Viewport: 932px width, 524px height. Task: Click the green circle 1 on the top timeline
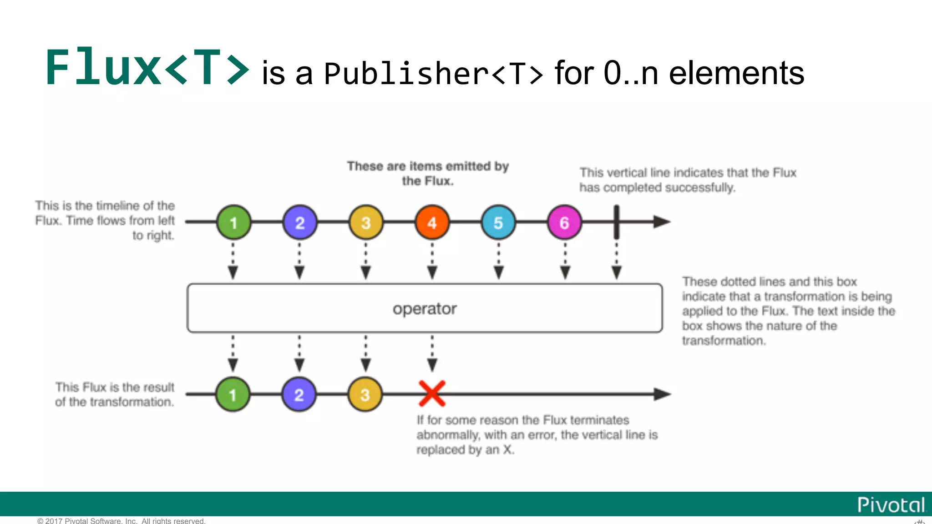click(x=233, y=222)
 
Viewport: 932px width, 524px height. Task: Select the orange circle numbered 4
click(x=432, y=222)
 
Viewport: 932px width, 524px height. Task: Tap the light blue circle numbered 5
click(x=498, y=222)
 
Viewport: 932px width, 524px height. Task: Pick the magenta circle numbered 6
click(x=564, y=222)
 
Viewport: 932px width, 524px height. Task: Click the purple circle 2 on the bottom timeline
click(x=299, y=394)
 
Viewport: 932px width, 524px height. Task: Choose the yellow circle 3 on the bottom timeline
click(x=365, y=394)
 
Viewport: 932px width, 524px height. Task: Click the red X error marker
click(x=432, y=393)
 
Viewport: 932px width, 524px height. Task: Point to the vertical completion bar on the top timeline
click(x=617, y=222)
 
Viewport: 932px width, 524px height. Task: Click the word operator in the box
click(x=425, y=309)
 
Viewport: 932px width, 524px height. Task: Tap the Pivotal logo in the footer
click(x=891, y=505)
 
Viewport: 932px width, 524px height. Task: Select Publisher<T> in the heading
click(x=433, y=74)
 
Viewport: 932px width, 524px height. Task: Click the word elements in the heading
click(x=736, y=73)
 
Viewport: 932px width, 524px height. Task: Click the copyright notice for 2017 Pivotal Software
click(x=122, y=521)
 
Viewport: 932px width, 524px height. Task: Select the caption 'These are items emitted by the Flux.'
click(x=428, y=173)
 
